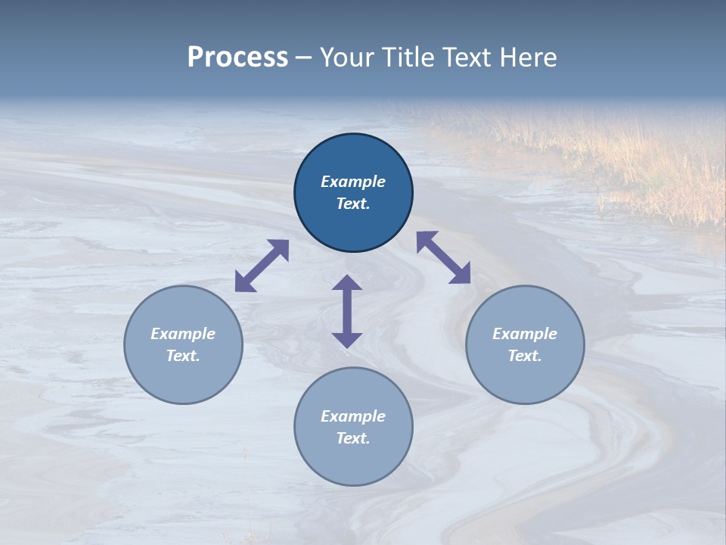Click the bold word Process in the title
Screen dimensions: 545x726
pos(237,58)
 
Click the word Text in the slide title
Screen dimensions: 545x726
pos(467,58)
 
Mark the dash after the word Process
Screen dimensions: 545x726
pos(303,58)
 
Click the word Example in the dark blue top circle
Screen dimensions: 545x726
pos(353,182)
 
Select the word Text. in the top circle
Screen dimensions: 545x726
pos(353,204)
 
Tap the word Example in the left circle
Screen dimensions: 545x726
pos(183,334)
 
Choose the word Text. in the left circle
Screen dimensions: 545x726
pos(183,356)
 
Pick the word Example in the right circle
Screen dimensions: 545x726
pos(525,334)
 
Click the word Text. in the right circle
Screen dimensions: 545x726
pos(525,356)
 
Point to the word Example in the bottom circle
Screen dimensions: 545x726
pos(353,416)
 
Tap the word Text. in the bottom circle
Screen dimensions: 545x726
pos(353,438)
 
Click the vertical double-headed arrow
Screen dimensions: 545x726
pos(347,311)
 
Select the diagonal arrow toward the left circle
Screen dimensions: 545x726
pos(262,266)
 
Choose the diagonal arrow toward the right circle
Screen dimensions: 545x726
pos(444,257)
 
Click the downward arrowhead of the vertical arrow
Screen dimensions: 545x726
pos(347,338)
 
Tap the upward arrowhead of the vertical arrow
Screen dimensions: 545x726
pos(347,284)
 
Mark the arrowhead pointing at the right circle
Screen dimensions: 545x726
pos(461,274)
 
